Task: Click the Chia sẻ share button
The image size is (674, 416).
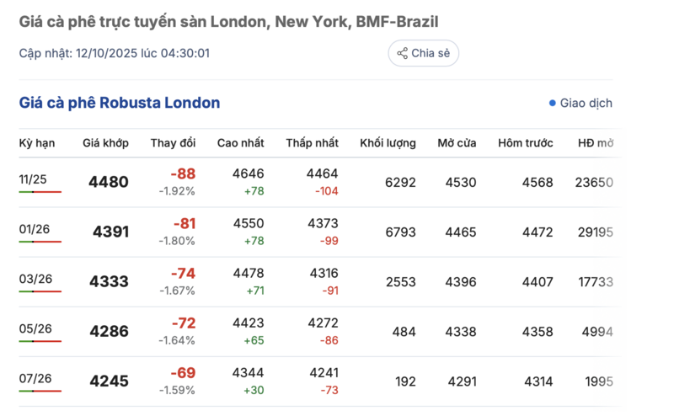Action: coord(423,53)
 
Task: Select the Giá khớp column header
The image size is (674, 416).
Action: coord(105,143)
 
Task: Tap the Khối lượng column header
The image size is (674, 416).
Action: coord(388,143)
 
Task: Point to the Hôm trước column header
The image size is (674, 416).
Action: coord(526,143)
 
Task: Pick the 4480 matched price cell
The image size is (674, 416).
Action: coord(109,182)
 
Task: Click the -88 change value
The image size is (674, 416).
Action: coord(183,174)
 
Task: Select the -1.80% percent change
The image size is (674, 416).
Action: coord(177,241)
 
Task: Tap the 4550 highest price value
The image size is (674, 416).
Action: coord(249,224)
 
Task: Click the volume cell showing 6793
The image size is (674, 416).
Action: coord(400,232)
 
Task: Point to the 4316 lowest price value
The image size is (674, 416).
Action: coord(324,274)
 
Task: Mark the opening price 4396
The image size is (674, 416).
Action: coord(461,281)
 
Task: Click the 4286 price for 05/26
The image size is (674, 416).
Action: coord(109,332)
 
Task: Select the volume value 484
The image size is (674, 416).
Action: coord(404,332)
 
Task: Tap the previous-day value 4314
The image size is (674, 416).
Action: coord(538,381)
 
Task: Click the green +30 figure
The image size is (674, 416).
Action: coord(252,390)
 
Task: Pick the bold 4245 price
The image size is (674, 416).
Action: coord(109,381)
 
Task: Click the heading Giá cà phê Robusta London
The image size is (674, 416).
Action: coord(120,104)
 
